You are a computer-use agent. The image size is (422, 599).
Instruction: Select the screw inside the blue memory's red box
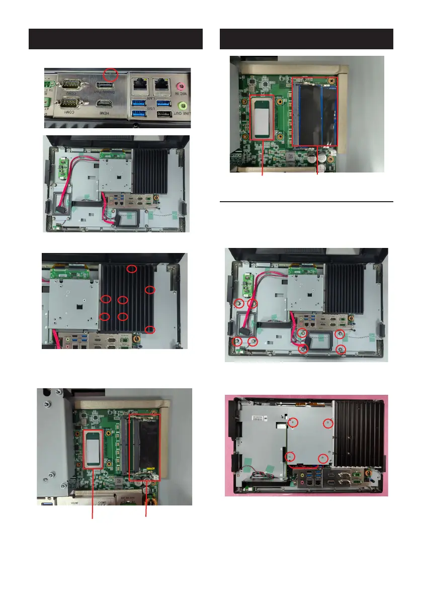point(331,80)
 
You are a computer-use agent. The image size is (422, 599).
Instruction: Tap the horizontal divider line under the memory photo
point(307,202)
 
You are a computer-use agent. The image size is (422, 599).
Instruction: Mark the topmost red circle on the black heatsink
point(131,269)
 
